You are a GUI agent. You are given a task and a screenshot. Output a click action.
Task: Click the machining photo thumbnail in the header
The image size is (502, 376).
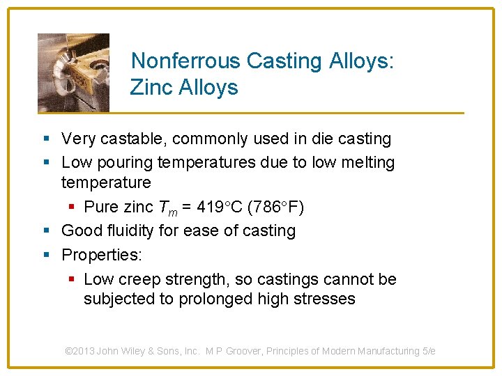coord(73,72)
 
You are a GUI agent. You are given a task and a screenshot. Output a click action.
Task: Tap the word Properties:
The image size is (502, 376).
coord(102,254)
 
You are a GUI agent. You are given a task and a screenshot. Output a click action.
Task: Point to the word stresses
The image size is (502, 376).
coord(321,299)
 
